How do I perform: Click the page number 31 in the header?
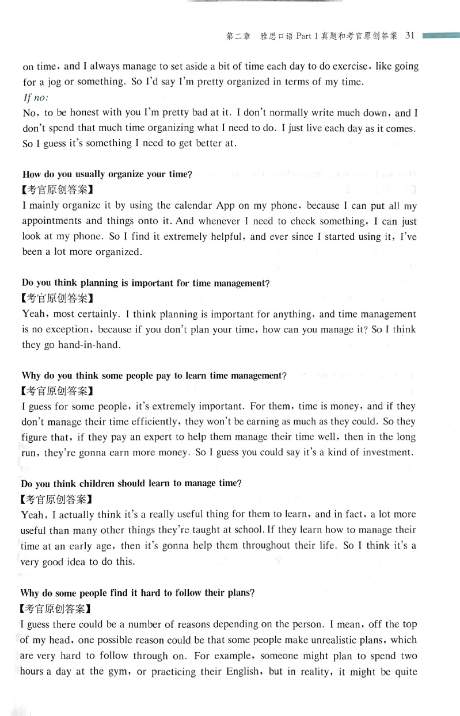tap(410, 36)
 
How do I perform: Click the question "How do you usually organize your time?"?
tap(107, 174)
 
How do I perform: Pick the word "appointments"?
tap(48, 221)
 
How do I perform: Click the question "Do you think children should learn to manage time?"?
tap(131, 483)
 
